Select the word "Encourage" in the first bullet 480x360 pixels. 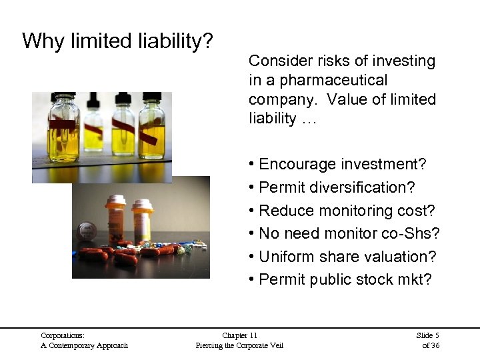coord(297,164)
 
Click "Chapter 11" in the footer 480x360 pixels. coord(239,335)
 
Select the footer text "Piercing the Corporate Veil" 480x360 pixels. coord(239,345)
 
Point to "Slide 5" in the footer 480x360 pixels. coord(427,335)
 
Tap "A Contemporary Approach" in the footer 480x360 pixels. coord(84,345)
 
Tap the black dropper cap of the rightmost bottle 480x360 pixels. coord(153,98)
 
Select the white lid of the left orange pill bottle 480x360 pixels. coord(116,199)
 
